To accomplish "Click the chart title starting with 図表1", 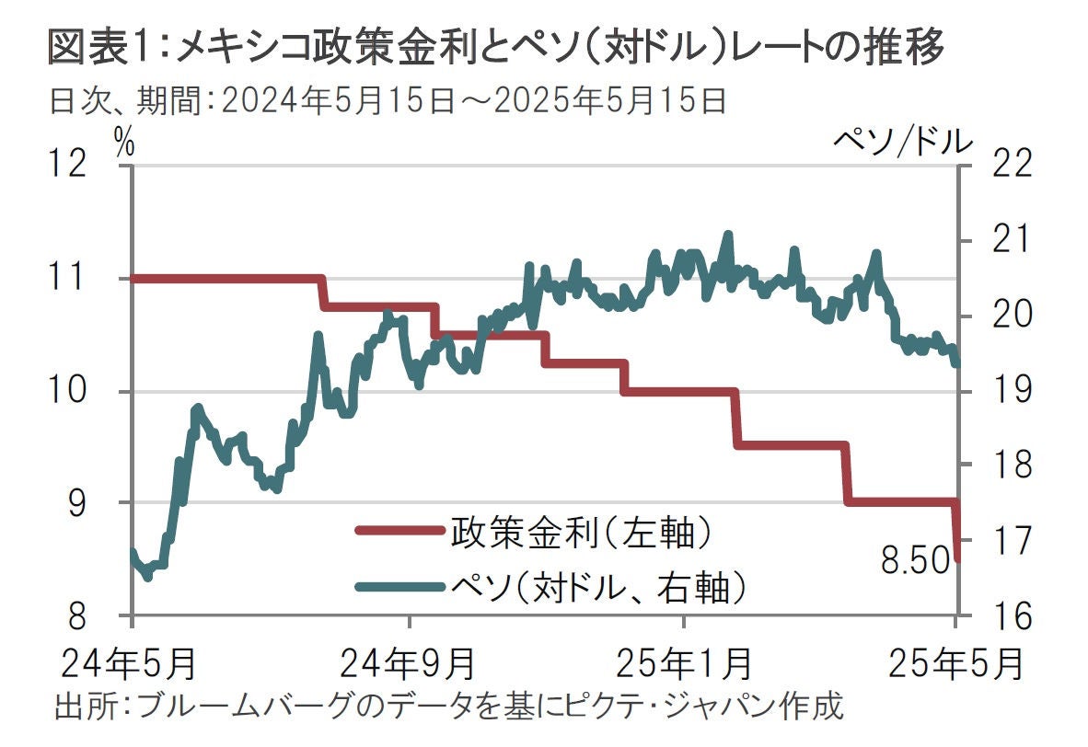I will click(497, 48).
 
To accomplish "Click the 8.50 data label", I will click(915, 559).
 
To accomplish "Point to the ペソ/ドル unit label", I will click(903, 141).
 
